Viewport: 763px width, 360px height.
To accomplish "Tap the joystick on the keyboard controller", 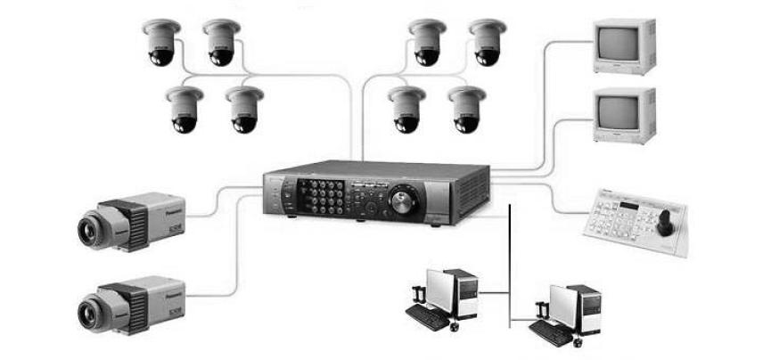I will [663, 221].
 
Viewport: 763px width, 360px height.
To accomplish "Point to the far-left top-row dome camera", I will [161, 45].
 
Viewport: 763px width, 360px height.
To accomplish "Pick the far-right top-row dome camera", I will [488, 45].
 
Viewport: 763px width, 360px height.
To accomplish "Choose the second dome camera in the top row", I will [221, 45].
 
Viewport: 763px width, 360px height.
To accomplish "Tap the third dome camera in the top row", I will [428, 45].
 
